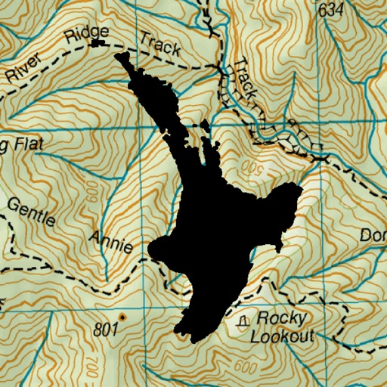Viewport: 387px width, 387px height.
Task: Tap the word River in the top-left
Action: coord(24,67)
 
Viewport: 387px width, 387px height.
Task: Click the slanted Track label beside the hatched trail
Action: coord(246,81)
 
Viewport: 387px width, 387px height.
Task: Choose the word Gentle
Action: coord(32,212)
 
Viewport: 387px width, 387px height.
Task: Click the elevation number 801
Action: coord(108,330)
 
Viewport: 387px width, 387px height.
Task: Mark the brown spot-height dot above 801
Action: coord(121,315)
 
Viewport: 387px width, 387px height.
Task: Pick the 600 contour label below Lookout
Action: coord(246,367)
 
